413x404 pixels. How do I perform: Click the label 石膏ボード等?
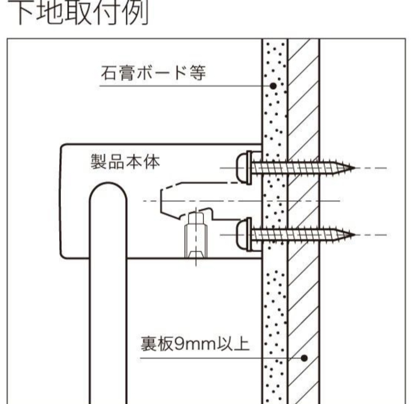153,73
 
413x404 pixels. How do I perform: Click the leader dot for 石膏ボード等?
273,86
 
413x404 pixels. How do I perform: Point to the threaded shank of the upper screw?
299,168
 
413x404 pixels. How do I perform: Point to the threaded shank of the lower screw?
299,234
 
